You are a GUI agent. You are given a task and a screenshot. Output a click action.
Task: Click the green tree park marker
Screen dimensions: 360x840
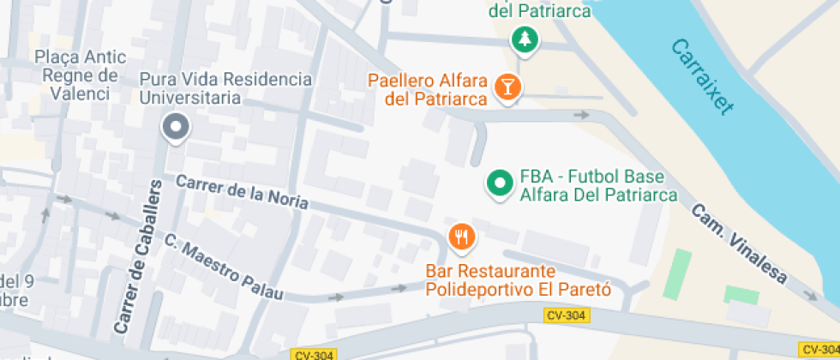525,39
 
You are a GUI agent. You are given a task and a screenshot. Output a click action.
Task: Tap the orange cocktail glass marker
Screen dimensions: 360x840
508,86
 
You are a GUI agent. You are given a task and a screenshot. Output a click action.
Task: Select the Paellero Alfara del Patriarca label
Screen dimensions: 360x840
428,91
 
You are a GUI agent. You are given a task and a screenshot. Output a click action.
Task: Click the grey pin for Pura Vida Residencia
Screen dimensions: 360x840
177,128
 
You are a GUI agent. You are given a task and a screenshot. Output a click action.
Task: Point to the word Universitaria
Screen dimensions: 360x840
190,98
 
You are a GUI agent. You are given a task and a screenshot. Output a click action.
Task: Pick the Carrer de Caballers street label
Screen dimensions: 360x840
138,256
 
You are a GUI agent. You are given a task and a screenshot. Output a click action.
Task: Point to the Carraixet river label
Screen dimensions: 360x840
703,77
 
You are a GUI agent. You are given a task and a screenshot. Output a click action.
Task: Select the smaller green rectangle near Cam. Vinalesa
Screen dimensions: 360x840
741,294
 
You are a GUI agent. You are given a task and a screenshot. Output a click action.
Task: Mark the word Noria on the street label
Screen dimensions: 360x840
280,202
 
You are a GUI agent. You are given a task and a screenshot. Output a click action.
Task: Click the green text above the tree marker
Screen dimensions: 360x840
540,11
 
